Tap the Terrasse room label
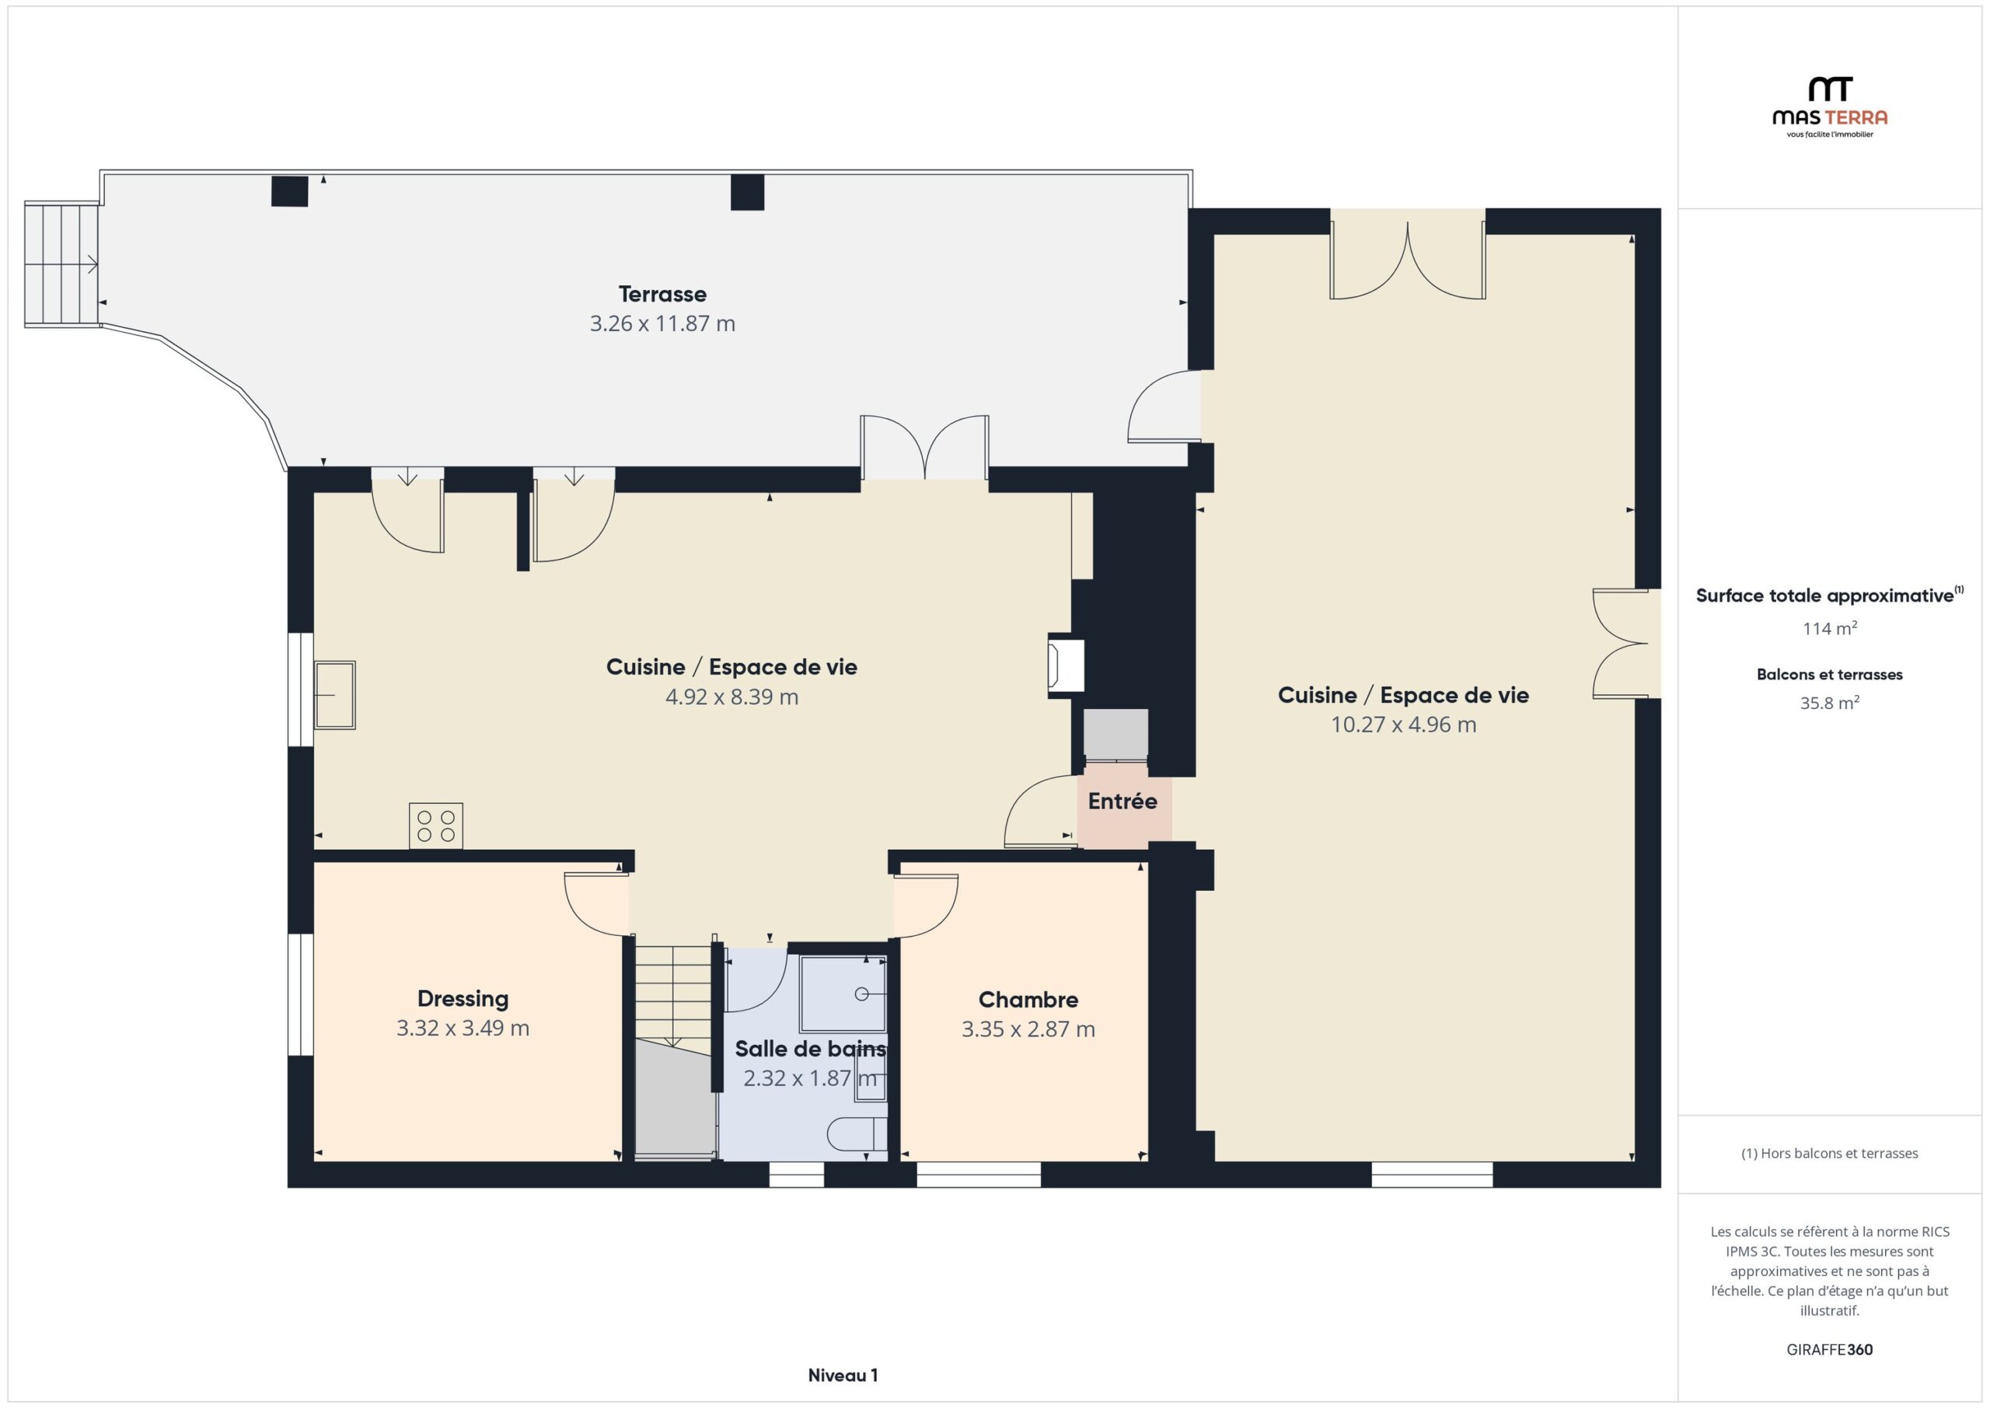662,294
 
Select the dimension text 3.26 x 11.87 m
662,323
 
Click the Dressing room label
463,999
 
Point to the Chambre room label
1028,1000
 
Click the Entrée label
1122,801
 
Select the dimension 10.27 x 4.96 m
1403,725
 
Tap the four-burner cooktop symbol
436,826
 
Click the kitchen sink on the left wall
334,695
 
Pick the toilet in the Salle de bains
857,1133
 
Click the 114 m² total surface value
1830,627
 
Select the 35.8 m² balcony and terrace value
1829,702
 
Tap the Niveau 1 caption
843,1375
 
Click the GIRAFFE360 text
1829,1349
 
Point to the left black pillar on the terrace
289,191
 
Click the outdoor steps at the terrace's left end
61,264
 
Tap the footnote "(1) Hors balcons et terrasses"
1829,1153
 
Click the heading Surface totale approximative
1824,596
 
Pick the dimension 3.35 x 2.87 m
1028,1029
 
